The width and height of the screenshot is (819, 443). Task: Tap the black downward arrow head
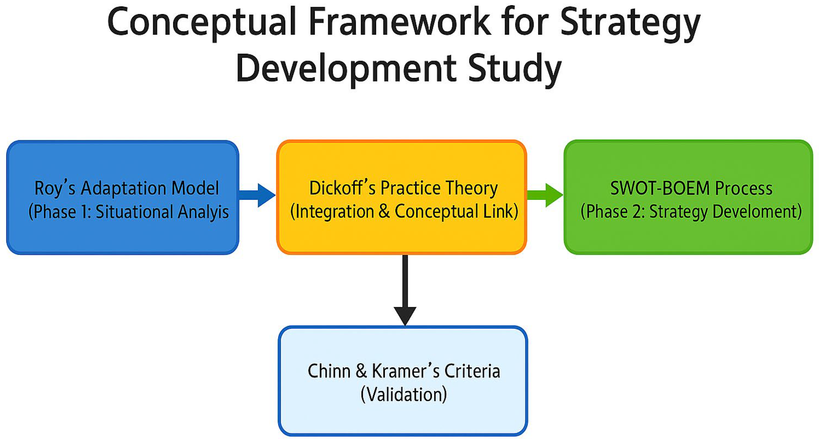[x=405, y=315]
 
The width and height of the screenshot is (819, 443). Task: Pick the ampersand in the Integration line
[x=384, y=211]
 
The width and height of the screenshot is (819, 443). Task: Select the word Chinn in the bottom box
[x=329, y=371]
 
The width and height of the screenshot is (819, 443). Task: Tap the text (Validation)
[x=404, y=395]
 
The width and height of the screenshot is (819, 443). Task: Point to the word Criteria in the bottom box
[x=472, y=371]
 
